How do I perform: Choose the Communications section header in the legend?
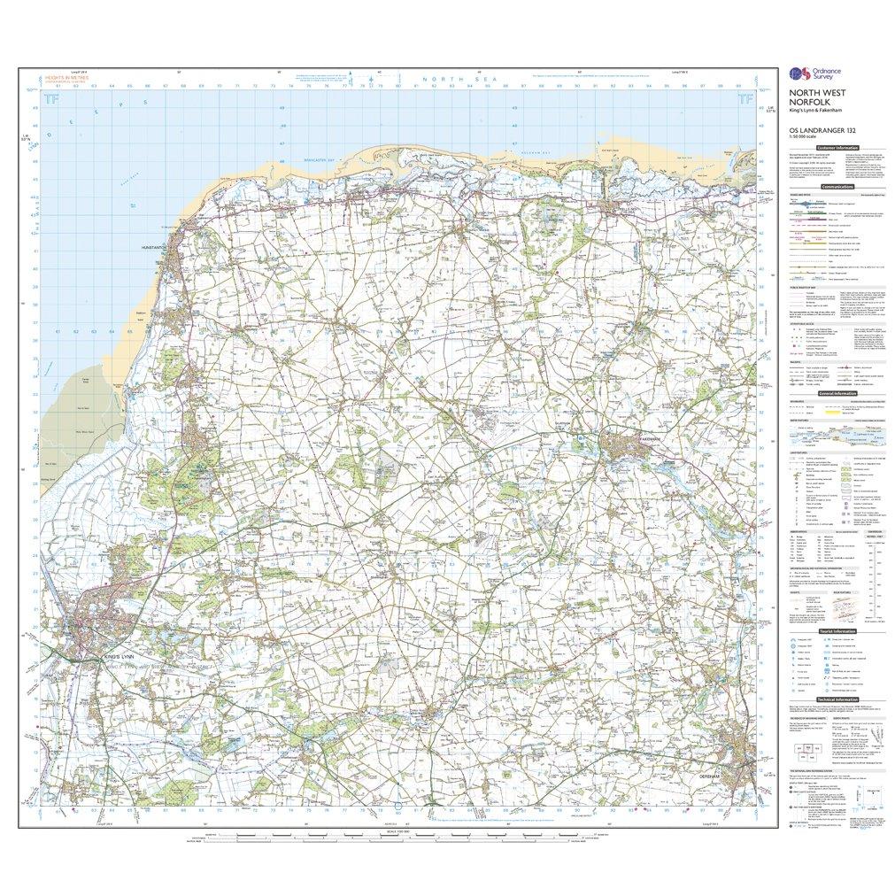pos(837,188)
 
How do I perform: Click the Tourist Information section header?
pos(837,630)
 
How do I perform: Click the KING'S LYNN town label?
pos(122,656)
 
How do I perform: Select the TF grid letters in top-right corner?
pos(743,101)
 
